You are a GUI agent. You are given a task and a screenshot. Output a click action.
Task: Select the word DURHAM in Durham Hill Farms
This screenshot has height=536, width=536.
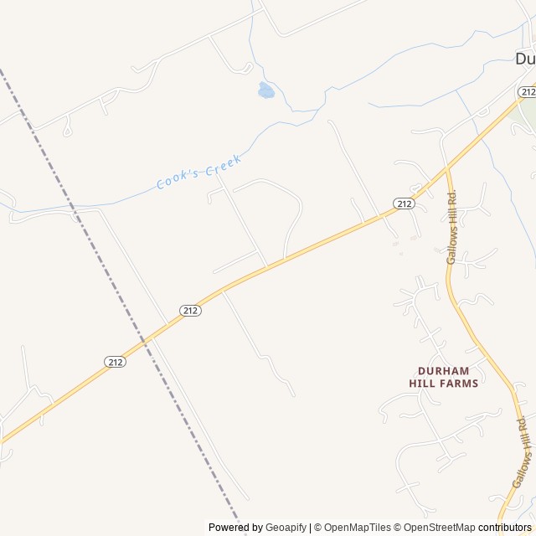pos(443,370)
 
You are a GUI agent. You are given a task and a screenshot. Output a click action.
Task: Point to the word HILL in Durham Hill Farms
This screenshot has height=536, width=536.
pos(424,384)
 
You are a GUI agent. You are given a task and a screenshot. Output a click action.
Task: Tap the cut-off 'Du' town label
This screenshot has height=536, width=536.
pos(525,58)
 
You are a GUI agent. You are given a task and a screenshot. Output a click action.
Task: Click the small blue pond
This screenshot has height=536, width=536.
pos(266,90)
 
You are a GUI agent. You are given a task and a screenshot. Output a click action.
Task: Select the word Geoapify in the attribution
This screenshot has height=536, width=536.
pos(286,528)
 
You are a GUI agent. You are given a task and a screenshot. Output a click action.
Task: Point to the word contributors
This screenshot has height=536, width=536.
pos(505,528)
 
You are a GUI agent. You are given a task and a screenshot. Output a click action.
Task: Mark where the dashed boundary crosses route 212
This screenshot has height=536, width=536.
pos(144,340)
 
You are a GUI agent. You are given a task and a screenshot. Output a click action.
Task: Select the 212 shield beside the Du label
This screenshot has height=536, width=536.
pos(526,91)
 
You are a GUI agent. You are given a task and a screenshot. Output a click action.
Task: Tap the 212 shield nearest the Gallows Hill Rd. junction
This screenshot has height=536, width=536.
pos(404,204)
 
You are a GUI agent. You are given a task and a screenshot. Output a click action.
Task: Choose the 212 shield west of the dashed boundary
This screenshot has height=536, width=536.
pos(116,361)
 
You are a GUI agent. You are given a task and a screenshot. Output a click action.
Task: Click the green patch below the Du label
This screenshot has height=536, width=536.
pos(528,113)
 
